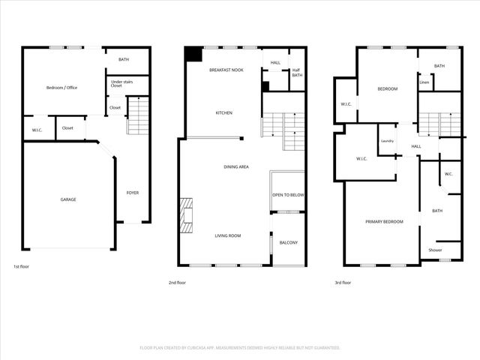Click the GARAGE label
68,199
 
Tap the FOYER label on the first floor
132,193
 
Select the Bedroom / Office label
61,88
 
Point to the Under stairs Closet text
117,84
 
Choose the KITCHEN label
224,113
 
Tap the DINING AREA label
236,166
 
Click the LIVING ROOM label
228,236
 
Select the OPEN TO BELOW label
288,195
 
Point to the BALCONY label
289,242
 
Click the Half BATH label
297,73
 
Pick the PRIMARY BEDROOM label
384,222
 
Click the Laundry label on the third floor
387,141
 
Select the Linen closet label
424,82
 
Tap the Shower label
435,250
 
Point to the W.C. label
448,174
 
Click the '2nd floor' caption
178,283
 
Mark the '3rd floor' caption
343,283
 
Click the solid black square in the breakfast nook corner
193,54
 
